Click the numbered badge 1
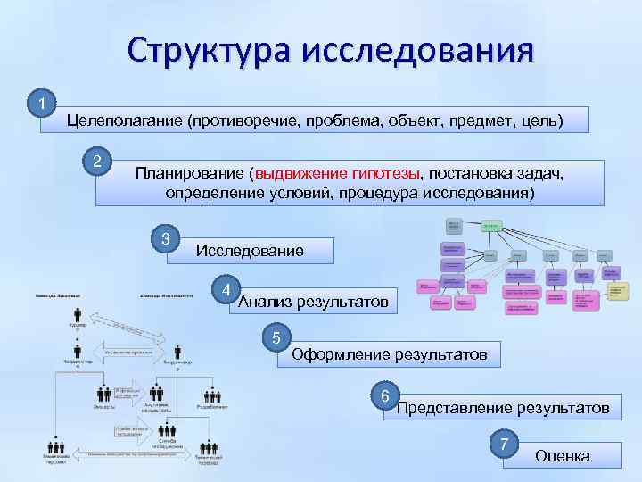click(x=41, y=104)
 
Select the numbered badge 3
click(x=165, y=239)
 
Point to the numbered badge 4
click(x=227, y=289)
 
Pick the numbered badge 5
click(x=277, y=338)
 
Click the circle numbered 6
click(x=384, y=395)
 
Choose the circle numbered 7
click(x=505, y=444)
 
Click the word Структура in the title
click(x=207, y=50)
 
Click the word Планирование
click(x=189, y=172)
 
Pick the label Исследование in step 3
click(x=249, y=251)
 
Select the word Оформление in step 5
click(x=339, y=354)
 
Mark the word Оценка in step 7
click(x=562, y=456)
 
